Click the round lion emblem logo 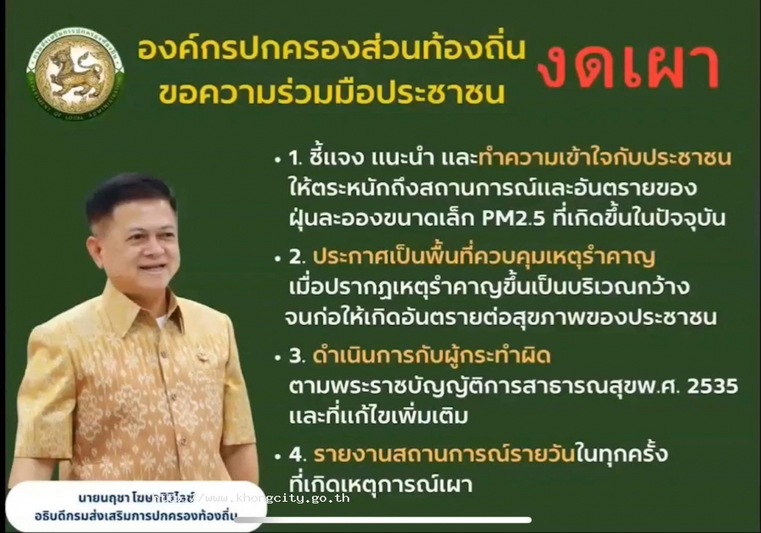point(75,73)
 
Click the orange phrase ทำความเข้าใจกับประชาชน point(605,159)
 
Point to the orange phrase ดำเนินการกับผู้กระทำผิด point(420,356)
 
